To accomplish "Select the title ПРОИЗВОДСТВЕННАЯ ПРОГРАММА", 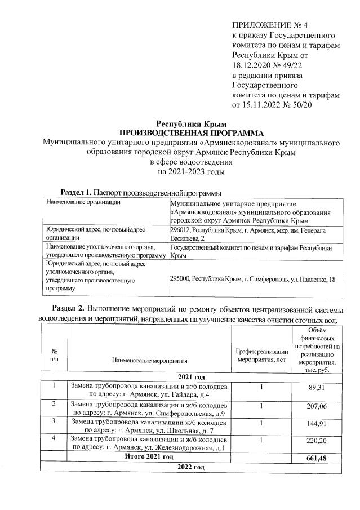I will (191, 132).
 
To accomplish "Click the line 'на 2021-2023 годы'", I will (191, 171).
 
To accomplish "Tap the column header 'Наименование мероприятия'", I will (149, 358).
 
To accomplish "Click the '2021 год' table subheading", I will (191, 376).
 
